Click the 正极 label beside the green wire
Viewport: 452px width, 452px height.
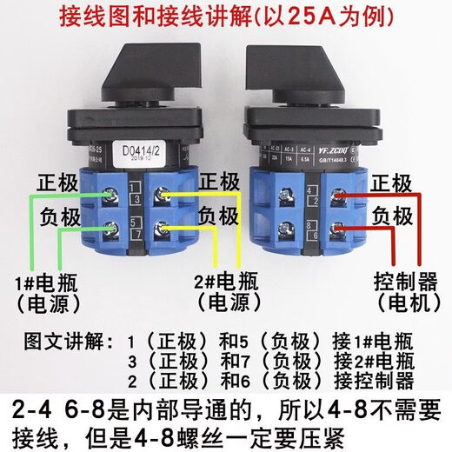coord(56,185)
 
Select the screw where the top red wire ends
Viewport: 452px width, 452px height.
coord(335,198)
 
